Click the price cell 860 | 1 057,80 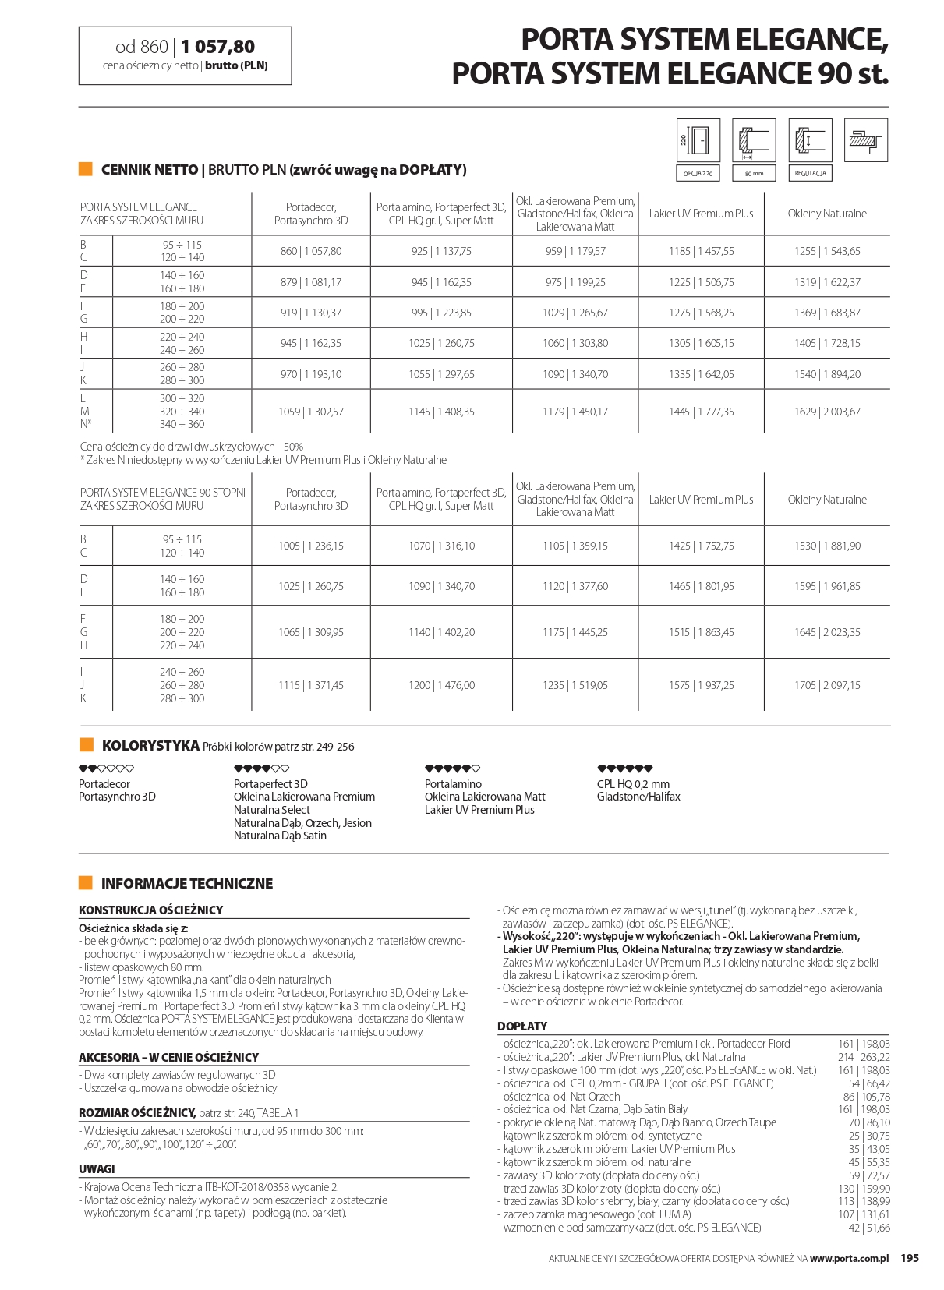pos(310,251)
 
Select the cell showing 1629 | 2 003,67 pos(827,412)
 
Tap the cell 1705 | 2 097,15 pos(827,685)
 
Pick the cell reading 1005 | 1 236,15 pos(310,546)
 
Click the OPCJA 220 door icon pos(698,141)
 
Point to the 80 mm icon pos(754,141)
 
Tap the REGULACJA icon pos(810,141)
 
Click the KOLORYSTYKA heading pos(150,746)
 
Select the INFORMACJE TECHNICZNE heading pos(187,883)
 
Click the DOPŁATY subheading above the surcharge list pos(522,1026)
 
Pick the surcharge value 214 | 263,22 pos(864,1057)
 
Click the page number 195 pos(910,1258)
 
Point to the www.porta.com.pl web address pos(849,1258)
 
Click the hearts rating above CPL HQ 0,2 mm pos(624,769)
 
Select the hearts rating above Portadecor pos(106,769)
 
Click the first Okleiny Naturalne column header pos(827,214)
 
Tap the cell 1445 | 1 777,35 pos(701,412)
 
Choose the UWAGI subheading pos(97,1169)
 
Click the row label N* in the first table pos(86,425)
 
